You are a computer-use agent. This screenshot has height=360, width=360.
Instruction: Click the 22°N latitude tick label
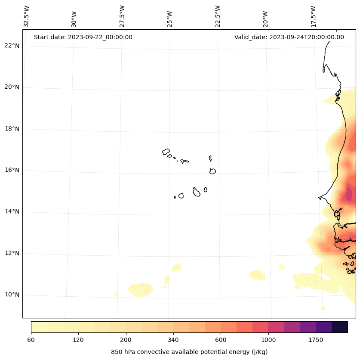pyautogui.click(x=12, y=46)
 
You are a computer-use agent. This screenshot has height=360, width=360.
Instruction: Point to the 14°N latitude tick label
pyautogui.click(x=12, y=211)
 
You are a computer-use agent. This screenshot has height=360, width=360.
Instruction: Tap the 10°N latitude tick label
pyautogui.click(x=12, y=295)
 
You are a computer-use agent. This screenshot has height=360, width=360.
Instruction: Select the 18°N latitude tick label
pyautogui.click(x=12, y=129)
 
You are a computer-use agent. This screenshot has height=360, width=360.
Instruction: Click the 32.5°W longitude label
pyautogui.click(x=27, y=16)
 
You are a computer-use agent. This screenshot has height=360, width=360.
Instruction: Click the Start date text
pyautogui.click(x=83, y=37)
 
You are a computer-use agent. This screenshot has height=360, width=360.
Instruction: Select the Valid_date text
pyautogui.click(x=289, y=37)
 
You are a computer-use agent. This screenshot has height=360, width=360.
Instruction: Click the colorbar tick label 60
pyautogui.click(x=31, y=340)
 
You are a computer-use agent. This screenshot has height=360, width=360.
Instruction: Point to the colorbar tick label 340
pyautogui.click(x=173, y=340)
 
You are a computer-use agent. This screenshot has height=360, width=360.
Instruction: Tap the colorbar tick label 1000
pyautogui.click(x=268, y=340)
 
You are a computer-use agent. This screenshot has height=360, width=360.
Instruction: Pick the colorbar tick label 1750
pyautogui.click(x=316, y=340)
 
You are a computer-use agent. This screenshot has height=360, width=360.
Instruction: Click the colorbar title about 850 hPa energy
pyautogui.click(x=189, y=352)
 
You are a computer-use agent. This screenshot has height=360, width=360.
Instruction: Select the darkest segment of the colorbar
pyautogui.click(x=339, y=327)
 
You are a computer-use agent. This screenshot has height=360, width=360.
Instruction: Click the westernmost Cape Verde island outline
pyautogui.click(x=166, y=152)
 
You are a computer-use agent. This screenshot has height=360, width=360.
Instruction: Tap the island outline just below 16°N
pyautogui.click(x=212, y=171)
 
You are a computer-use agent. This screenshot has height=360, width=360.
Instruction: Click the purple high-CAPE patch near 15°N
pyautogui.click(x=348, y=194)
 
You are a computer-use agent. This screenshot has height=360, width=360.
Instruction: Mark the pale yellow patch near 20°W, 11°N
pyautogui.click(x=257, y=275)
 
